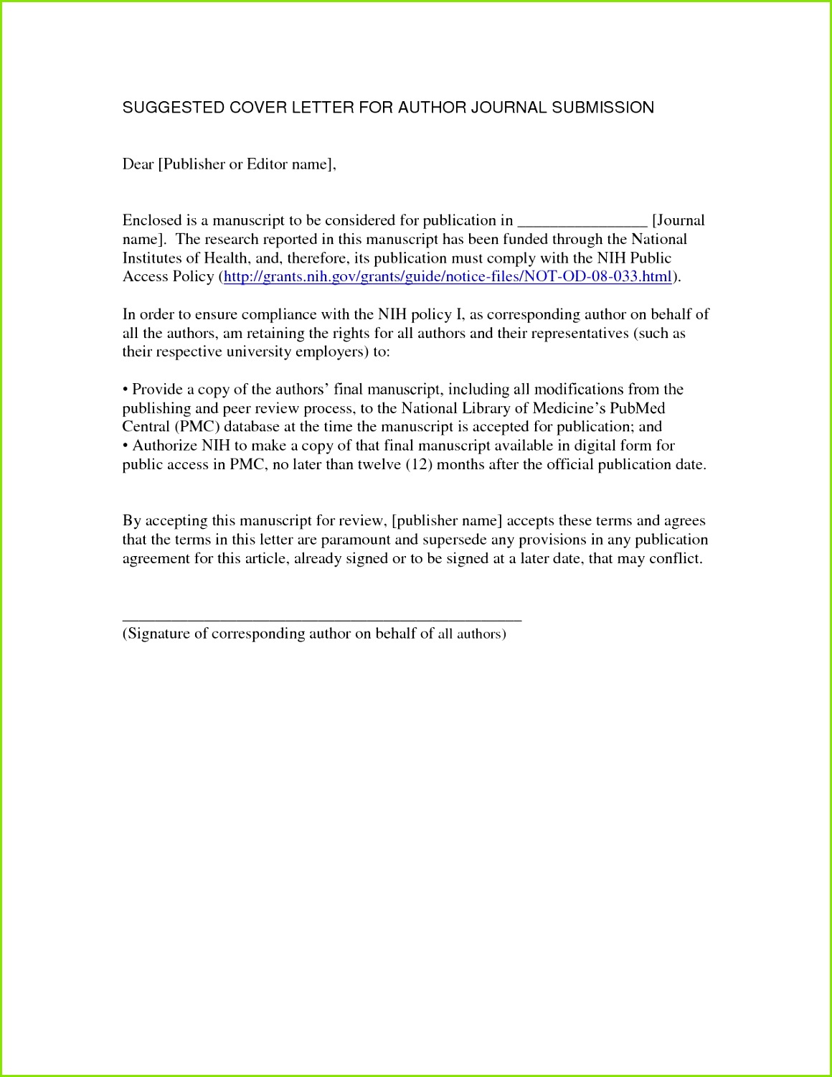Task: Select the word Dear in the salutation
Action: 138,164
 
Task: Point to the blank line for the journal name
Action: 582,222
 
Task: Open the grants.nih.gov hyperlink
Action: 448,277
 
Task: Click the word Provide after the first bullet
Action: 157,390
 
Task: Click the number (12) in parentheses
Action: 418,464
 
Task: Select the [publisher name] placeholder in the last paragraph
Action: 446,521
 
